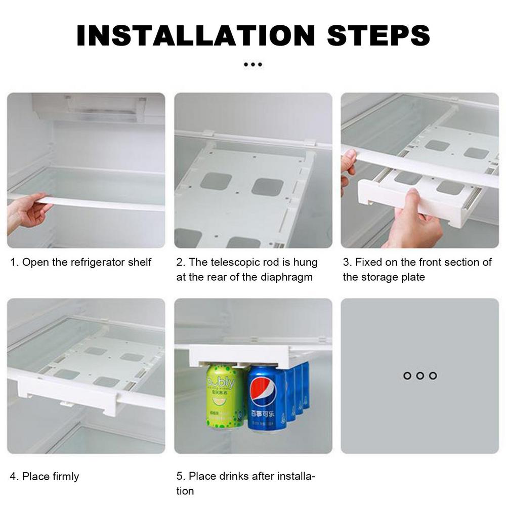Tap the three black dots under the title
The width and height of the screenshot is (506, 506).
253,65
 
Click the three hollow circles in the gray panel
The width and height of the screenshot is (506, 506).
419,376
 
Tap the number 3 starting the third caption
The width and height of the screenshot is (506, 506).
346,262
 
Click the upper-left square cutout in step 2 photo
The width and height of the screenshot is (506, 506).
216,181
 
